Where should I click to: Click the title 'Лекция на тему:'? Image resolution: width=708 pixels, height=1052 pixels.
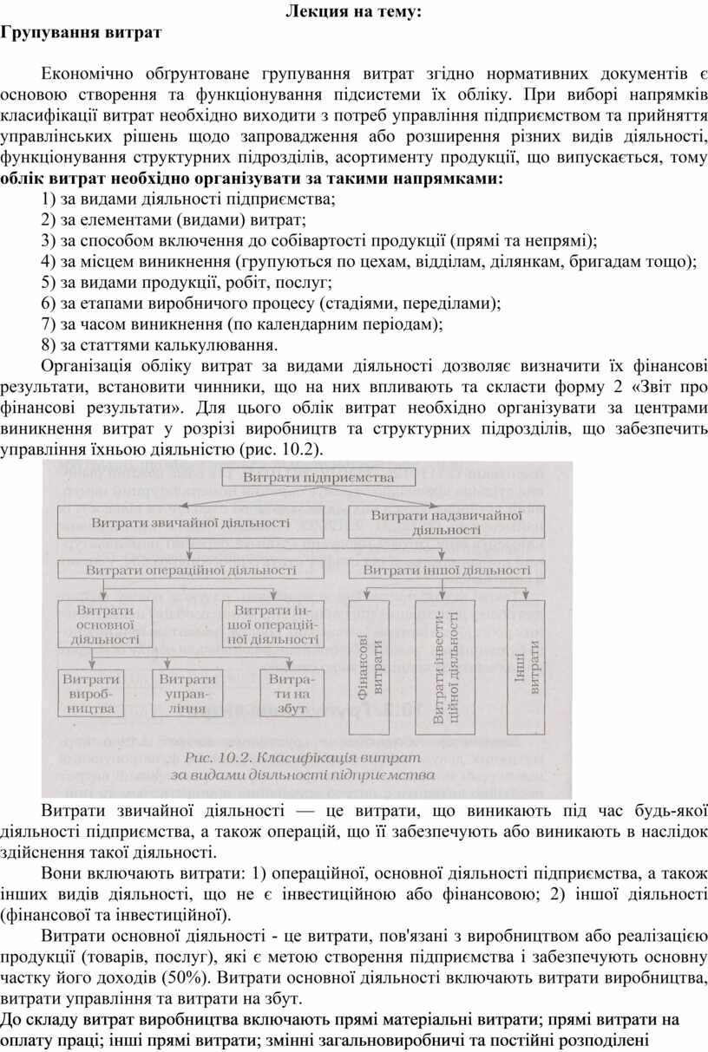(352, 13)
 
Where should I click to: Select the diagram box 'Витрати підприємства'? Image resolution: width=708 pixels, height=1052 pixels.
(318, 478)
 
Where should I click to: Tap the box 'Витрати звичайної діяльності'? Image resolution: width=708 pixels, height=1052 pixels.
(191, 523)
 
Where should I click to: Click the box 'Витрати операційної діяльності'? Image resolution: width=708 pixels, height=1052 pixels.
(191, 571)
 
